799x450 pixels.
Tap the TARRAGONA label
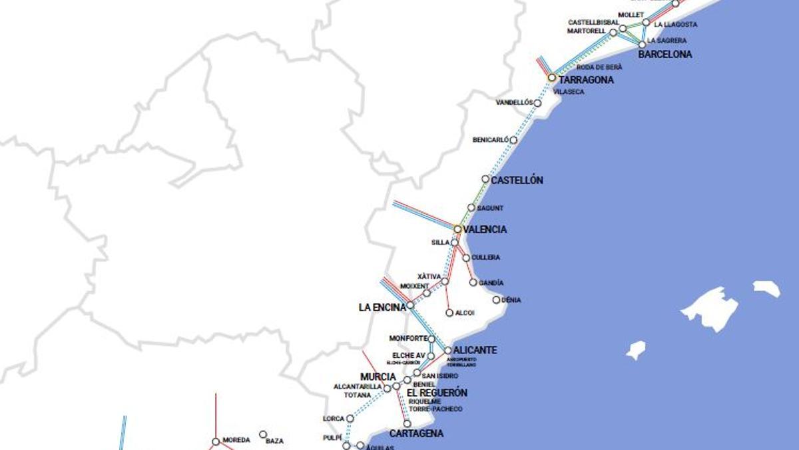click(x=586, y=80)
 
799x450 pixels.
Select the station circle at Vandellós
click(x=538, y=103)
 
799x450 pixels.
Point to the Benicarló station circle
click(x=513, y=140)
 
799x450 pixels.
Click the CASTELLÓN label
click(x=517, y=180)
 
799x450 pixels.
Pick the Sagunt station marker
click(x=471, y=208)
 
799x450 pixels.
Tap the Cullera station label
click(x=485, y=257)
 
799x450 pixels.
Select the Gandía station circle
click(x=473, y=283)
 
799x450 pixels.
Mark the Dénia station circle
click(x=496, y=300)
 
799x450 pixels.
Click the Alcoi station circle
click(x=449, y=313)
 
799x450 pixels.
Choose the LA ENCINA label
click(x=382, y=307)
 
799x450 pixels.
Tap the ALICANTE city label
click(x=475, y=350)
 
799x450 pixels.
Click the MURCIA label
click(x=378, y=377)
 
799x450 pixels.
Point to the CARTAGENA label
click(x=416, y=433)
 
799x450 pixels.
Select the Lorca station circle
click(x=350, y=419)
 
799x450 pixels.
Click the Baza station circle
click(x=263, y=434)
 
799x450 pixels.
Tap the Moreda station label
click(x=236, y=440)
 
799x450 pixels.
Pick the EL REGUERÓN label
click(x=437, y=393)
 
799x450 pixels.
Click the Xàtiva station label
click(x=429, y=276)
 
